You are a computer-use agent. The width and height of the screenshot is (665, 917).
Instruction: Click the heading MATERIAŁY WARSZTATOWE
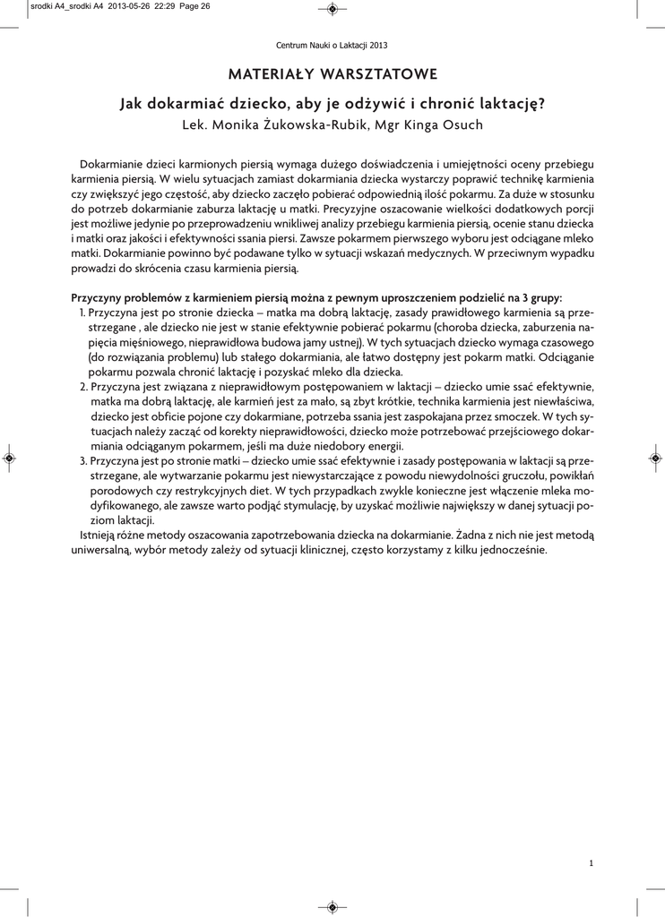tap(332, 73)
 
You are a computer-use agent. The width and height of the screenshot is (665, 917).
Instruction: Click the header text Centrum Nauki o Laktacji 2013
tap(332, 45)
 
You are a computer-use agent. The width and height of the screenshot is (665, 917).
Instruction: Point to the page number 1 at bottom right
tap(592, 863)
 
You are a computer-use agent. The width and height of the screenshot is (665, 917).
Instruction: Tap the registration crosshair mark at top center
tap(332, 9)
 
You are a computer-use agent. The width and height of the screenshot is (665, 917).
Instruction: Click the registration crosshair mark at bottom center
tap(332, 906)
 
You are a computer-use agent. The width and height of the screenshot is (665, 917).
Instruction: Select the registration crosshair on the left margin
tap(9, 458)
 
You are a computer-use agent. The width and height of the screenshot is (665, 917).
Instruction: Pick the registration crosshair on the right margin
tap(655, 458)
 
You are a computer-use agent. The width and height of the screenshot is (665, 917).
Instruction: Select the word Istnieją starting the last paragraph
tap(101, 536)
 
